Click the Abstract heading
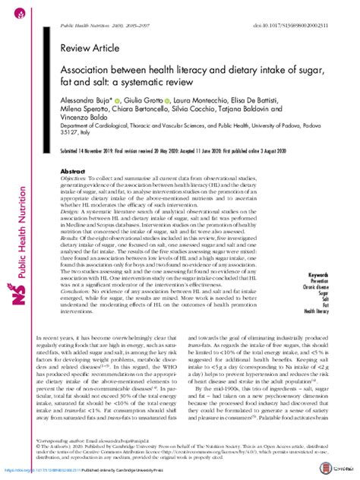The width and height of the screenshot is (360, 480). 73,172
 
